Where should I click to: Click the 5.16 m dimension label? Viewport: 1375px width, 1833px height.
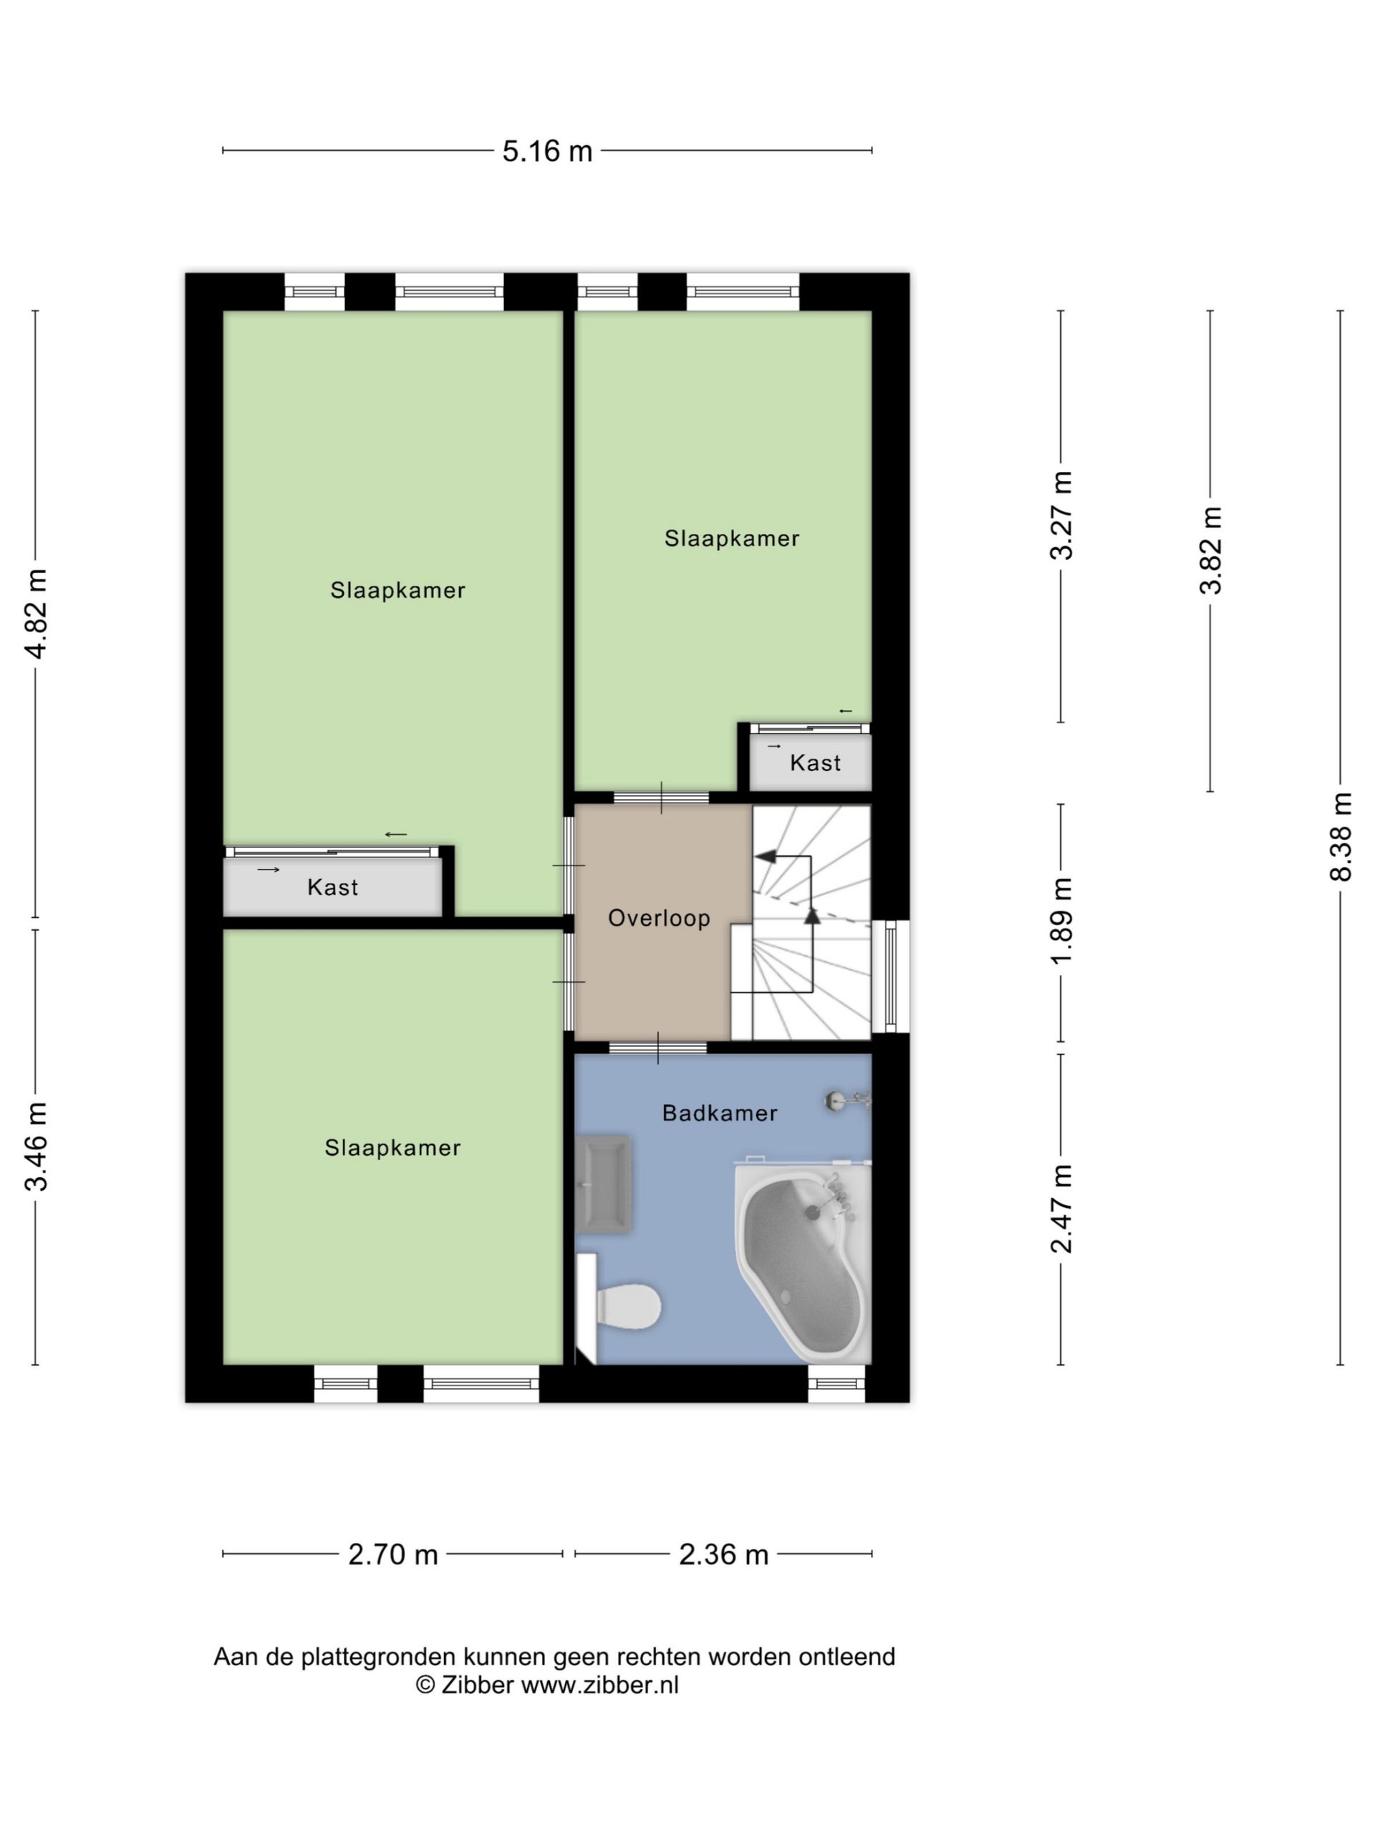547,151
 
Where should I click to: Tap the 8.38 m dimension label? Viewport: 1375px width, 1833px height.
1340,837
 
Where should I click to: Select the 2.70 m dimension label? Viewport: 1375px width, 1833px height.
393,1554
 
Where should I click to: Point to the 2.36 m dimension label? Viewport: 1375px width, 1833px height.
723,1554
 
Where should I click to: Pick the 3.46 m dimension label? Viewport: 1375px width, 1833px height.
36,1147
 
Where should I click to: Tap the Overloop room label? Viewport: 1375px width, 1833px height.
659,918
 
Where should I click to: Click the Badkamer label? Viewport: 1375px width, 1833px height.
720,1113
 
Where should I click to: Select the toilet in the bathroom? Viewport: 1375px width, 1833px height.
619,1307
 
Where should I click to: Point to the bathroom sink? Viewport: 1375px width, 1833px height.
604,1184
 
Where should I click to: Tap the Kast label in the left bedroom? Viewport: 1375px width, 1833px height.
332,887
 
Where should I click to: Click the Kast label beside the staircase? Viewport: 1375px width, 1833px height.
815,763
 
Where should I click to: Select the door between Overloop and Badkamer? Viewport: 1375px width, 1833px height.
658,1048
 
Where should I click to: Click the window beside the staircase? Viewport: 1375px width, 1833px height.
891,976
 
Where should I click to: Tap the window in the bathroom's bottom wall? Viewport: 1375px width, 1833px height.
836,1383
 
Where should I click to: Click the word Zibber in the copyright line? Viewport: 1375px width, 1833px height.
476,1685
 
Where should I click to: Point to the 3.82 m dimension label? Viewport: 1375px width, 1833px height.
1210,550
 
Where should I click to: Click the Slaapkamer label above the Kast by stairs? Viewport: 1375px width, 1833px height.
732,538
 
